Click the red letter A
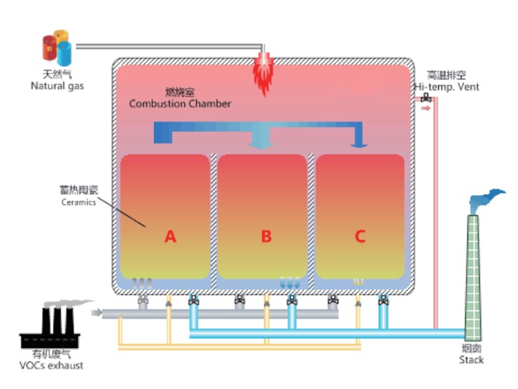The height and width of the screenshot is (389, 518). pos(171,236)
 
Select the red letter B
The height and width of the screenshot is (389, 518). pos(266,236)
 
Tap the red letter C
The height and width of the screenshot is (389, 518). pos(360,236)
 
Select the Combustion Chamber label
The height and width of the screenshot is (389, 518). pos(180,104)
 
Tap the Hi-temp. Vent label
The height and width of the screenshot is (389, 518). pos(446,87)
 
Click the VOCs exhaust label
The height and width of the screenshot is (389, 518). pos(52,365)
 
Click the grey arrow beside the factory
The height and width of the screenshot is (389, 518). pos(96,313)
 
